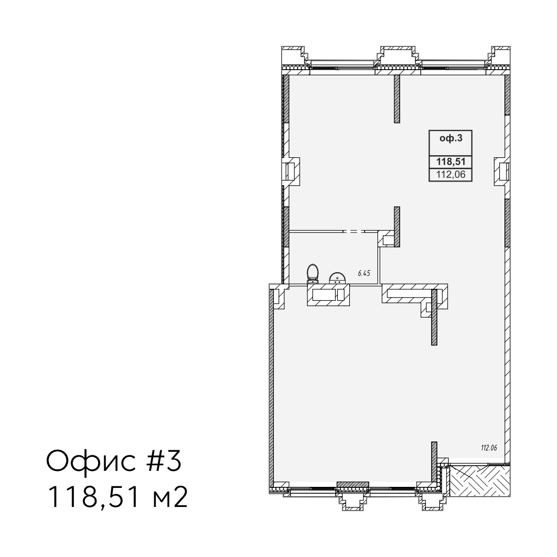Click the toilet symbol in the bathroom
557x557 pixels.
tap(313, 273)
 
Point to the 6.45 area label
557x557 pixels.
tap(364, 273)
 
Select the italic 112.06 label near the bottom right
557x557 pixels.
tap(489, 448)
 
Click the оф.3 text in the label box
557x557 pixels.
tap(451, 138)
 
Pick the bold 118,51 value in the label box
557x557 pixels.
tap(451, 161)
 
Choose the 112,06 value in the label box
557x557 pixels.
tap(451, 174)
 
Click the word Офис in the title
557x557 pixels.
tap(91, 462)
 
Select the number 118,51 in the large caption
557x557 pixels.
tap(94, 497)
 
